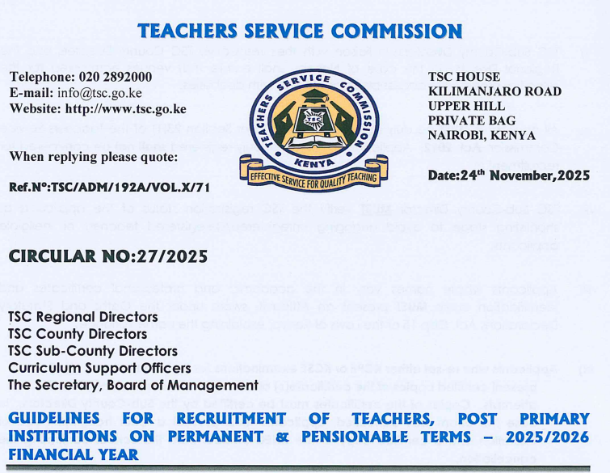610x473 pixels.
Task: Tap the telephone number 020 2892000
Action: tap(112, 78)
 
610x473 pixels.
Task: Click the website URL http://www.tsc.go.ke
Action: tap(126, 108)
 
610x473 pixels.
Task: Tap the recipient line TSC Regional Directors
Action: tap(78, 316)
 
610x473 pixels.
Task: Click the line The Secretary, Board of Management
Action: tap(133, 385)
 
